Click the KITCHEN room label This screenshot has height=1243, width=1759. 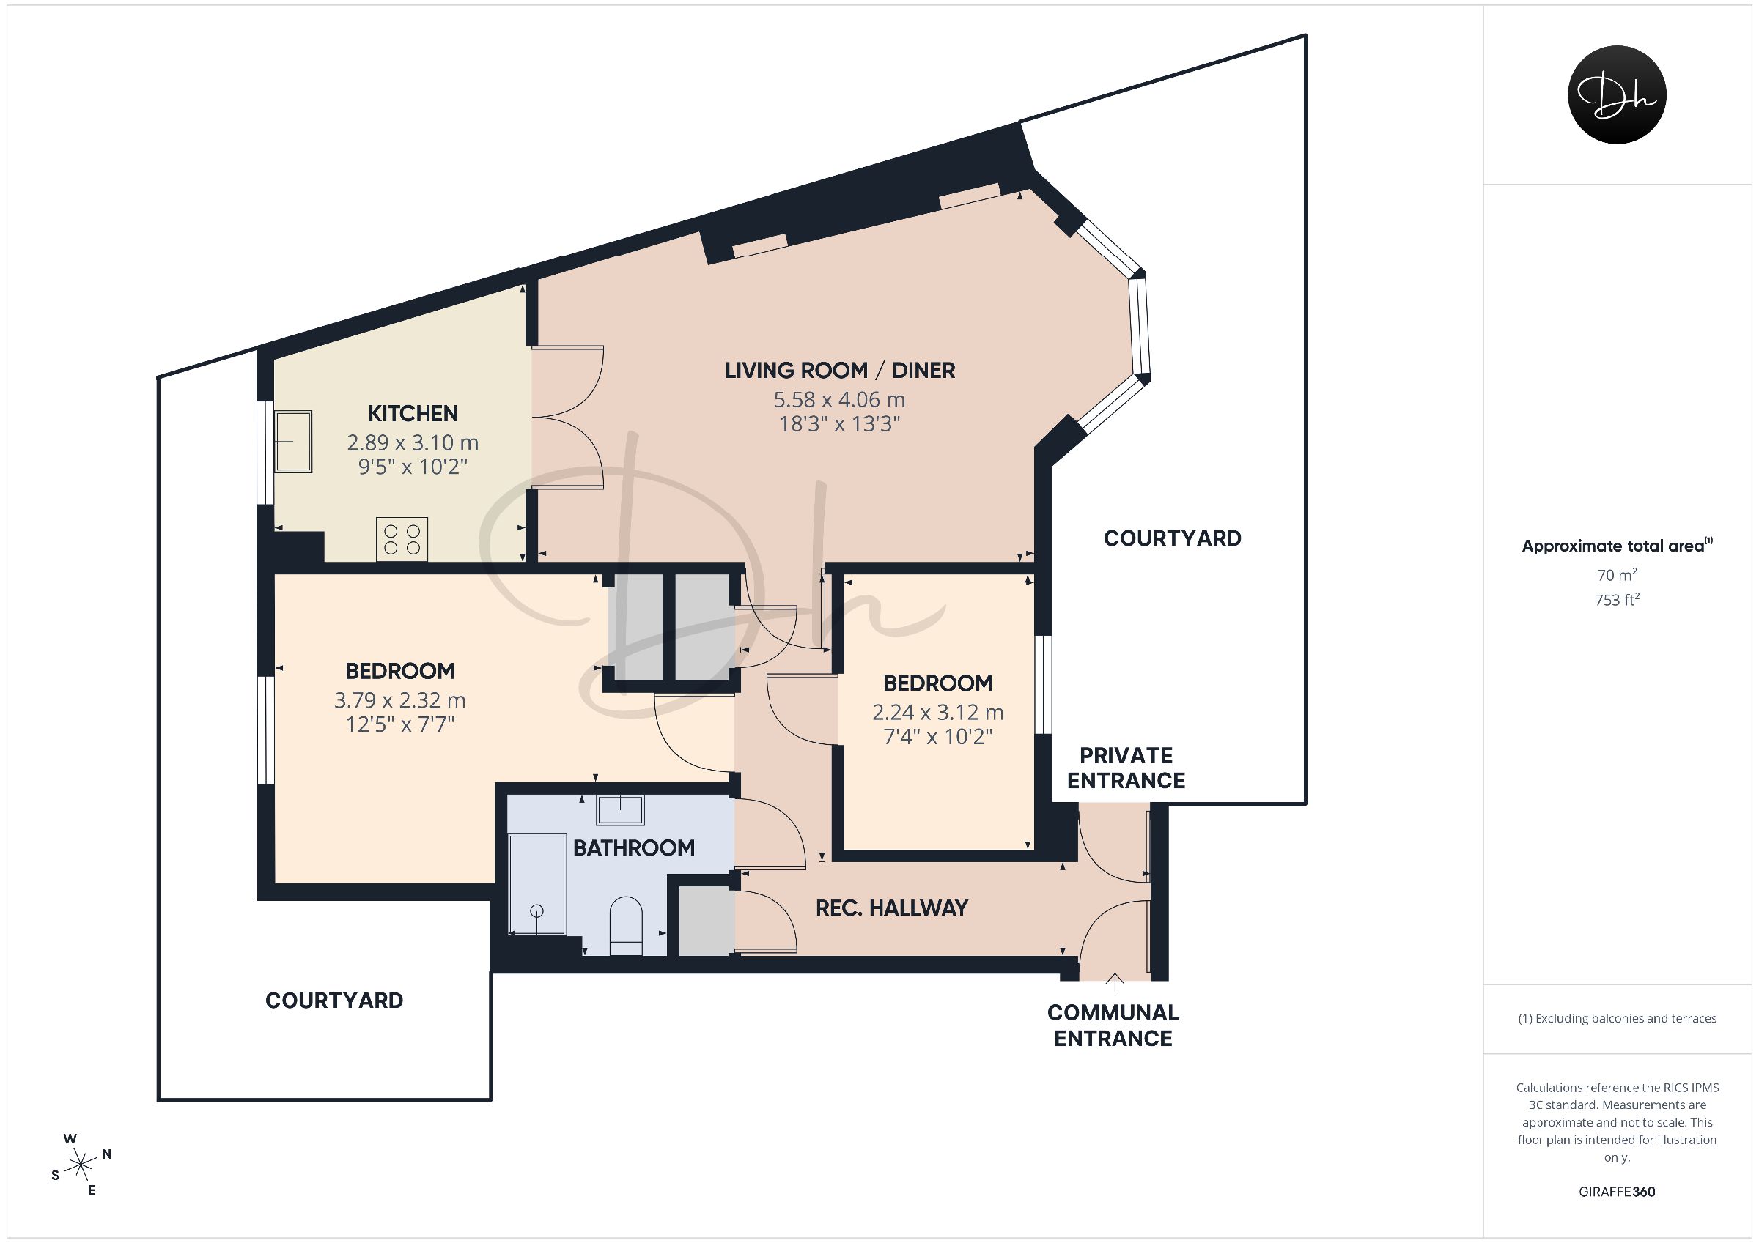(x=412, y=414)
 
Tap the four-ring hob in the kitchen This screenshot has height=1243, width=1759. (x=402, y=538)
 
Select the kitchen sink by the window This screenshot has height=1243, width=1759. (x=292, y=441)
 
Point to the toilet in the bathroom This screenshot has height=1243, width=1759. (x=626, y=926)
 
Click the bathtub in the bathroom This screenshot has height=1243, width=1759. (x=538, y=885)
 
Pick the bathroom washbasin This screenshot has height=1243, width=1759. (x=621, y=809)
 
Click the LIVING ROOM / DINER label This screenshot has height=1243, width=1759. (x=840, y=371)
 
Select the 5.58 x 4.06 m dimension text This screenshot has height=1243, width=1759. (x=839, y=400)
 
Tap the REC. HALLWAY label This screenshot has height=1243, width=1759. (x=892, y=908)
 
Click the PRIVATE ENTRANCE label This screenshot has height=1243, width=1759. (x=1126, y=768)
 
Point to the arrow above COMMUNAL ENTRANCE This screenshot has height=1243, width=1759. (x=1114, y=982)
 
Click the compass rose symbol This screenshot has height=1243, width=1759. (x=81, y=1165)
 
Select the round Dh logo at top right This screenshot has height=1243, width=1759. (x=1617, y=95)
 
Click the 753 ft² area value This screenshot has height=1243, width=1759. (x=1617, y=600)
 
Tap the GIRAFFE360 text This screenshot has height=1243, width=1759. (x=1617, y=1192)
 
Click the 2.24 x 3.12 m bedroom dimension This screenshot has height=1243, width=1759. (x=937, y=712)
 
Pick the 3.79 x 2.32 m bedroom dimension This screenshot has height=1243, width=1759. (x=399, y=700)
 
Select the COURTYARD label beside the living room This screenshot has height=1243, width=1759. (x=1172, y=538)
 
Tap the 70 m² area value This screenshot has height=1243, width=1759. (x=1617, y=574)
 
